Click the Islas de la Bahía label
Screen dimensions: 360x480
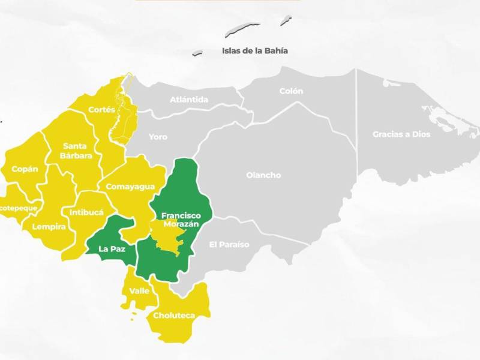pyautogui.click(x=255, y=51)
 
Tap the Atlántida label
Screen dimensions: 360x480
pyautogui.click(x=189, y=100)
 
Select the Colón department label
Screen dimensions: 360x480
pyautogui.click(x=291, y=91)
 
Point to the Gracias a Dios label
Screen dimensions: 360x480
pyautogui.click(x=401, y=134)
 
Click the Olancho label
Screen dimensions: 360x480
pyautogui.click(x=263, y=175)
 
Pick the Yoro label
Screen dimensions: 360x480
pyautogui.click(x=158, y=137)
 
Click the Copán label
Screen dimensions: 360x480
pyautogui.click(x=25, y=169)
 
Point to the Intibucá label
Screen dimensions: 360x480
pyautogui.click(x=86, y=212)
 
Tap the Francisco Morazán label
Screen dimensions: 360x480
pyautogui.click(x=181, y=220)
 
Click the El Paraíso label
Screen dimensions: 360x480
pyautogui.click(x=229, y=244)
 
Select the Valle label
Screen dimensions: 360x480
pyautogui.click(x=139, y=291)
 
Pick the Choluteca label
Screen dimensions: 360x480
pyautogui.click(x=172, y=316)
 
